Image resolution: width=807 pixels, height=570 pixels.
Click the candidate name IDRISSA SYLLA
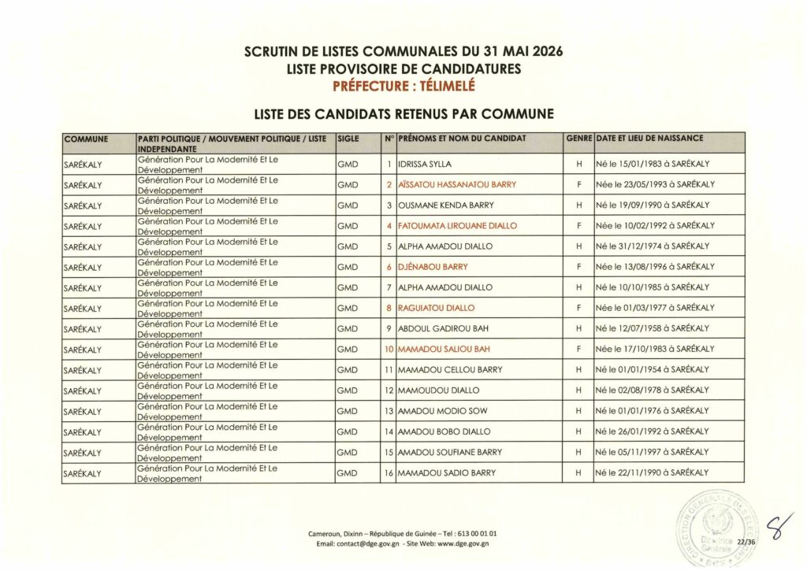point(425,164)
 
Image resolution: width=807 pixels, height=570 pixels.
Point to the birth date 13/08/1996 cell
point(655,267)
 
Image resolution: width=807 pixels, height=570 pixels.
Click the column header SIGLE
point(348,139)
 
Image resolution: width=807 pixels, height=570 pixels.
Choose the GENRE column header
point(578,139)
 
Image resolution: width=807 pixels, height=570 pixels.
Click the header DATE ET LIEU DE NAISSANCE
point(650,139)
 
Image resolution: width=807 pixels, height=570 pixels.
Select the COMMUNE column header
point(87,139)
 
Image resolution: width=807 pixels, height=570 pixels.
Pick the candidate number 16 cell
point(389,472)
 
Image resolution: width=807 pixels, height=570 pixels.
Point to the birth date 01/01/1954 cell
point(653,369)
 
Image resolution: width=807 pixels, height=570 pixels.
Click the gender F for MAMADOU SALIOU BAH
point(578,349)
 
